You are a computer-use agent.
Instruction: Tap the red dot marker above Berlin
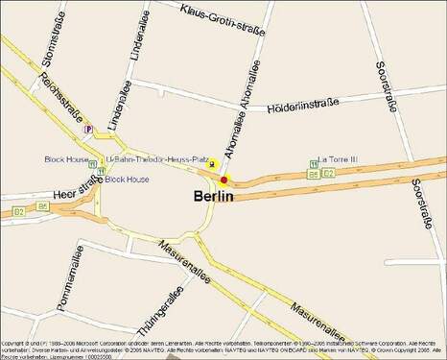click(x=223, y=180)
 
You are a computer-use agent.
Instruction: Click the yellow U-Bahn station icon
click(x=212, y=165)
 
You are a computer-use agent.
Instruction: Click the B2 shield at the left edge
click(x=18, y=210)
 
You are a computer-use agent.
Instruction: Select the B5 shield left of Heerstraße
click(x=43, y=205)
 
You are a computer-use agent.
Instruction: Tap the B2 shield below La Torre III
click(x=328, y=174)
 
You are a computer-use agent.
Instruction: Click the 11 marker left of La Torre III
click(x=314, y=163)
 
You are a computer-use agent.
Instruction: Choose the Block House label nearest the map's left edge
click(x=67, y=158)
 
